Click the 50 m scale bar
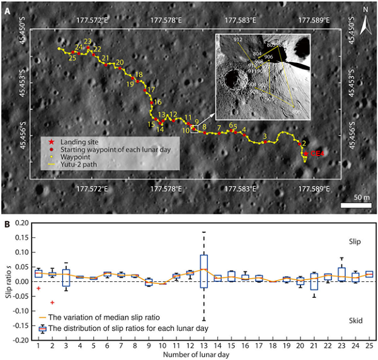[x=353, y=205]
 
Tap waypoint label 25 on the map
[x=72, y=58]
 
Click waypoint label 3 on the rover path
[x=265, y=136]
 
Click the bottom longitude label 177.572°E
[x=93, y=188]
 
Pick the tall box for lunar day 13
[x=203, y=271]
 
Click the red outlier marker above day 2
[x=52, y=303]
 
